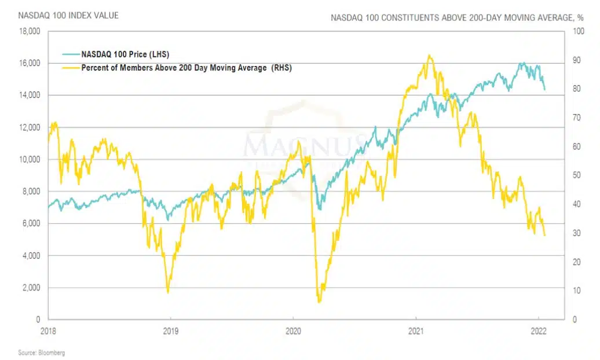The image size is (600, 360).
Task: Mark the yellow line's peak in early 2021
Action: [x=429, y=56]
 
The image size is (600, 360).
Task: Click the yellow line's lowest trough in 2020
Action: [x=319, y=302]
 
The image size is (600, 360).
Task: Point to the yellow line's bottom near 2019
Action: [x=168, y=292]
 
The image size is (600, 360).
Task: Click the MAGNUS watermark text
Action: [x=304, y=145]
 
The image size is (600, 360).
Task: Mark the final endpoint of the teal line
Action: [x=545, y=90]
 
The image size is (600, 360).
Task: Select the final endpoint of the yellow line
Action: [x=545, y=235]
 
